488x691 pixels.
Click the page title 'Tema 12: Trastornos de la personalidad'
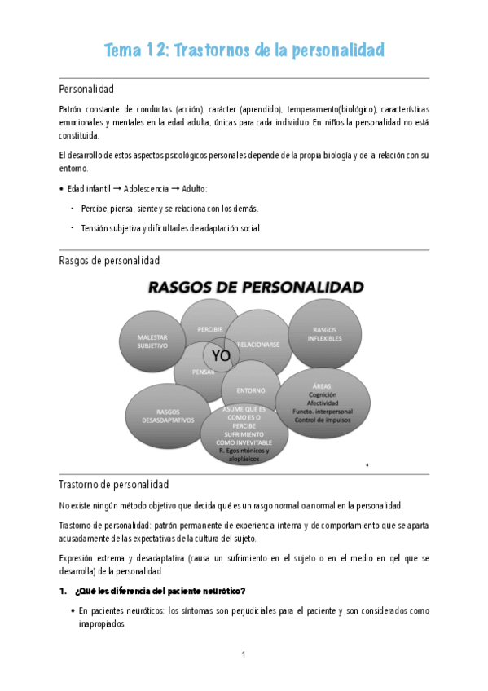point(244,51)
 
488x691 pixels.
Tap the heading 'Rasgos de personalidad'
point(109,261)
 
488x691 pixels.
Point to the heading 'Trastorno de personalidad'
point(114,484)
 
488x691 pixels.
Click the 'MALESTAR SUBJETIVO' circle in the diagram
point(152,340)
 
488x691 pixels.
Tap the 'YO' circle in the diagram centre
point(221,356)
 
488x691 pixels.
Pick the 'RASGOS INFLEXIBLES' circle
point(326,333)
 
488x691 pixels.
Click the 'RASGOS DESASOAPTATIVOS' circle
point(166,416)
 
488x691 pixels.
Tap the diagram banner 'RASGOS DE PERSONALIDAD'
point(254,287)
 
